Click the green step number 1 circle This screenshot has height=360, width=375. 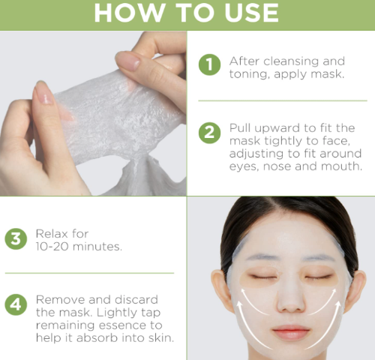point(209,64)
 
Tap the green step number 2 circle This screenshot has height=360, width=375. point(209,133)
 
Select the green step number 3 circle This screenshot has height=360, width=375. point(16,238)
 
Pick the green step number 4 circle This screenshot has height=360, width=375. point(16,304)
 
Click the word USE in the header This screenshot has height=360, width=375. point(251,13)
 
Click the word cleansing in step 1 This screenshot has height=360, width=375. point(292,61)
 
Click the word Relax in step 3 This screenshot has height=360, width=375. point(52,234)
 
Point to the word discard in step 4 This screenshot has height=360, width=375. point(136,300)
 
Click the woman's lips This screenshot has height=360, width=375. point(290,332)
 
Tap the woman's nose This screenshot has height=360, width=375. point(290,300)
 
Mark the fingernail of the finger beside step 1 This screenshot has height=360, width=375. point(127,61)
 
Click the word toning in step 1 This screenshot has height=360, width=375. point(249,75)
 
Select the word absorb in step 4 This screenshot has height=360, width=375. point(97,338)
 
